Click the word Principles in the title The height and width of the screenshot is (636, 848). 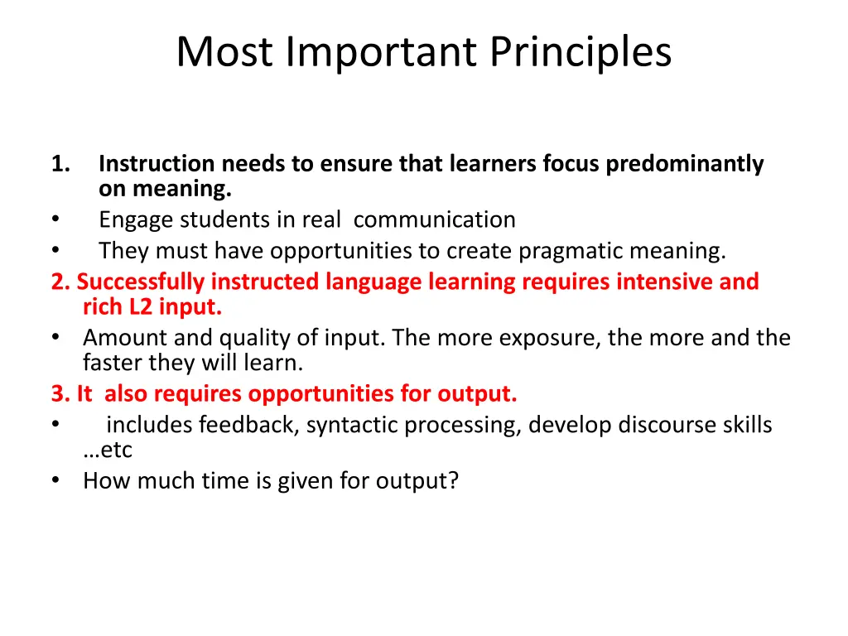tap(580, 51)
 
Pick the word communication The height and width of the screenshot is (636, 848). tap(434, 220)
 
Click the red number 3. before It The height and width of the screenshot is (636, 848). tap(60, 394)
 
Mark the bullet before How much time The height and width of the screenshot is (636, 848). tap(55, 480)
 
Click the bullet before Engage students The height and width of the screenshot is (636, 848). tap(55, 220)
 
